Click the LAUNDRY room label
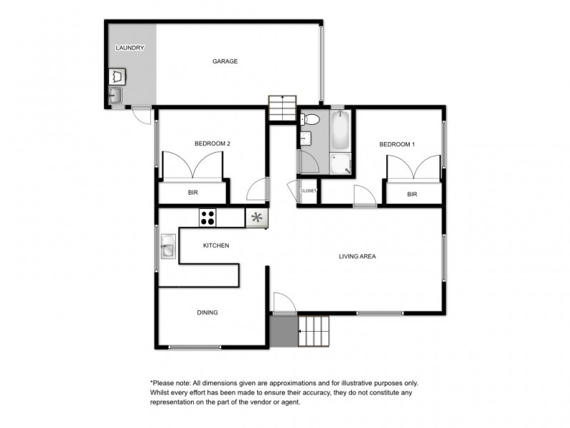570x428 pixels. coord(130,48)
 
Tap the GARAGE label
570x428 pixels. coord(224,61)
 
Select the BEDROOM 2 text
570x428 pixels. coord(212,143)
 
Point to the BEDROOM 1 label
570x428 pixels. coord(397,144)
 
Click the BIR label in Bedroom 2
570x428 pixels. coord(192,193)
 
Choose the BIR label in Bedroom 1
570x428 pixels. coord(412,193)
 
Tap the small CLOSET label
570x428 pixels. coord(309,191)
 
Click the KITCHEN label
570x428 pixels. coord(216,245)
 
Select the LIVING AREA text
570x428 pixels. coord(357,256)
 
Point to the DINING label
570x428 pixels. coord(207,312)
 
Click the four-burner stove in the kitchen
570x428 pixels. coord(208,217)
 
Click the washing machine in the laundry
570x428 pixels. coord(116,76)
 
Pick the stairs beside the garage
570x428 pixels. coord(281,108)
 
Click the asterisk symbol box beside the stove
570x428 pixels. coord(256,218)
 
